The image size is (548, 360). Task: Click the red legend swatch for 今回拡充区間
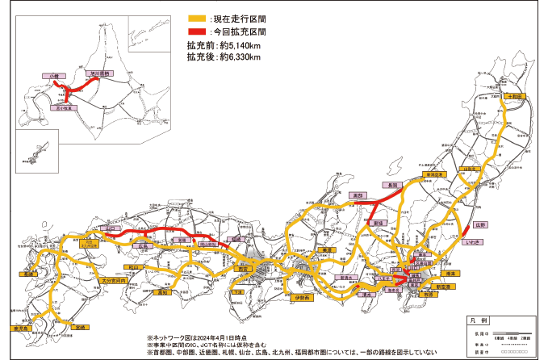[x=196, y=31]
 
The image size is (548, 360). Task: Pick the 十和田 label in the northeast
[x=516, y=96]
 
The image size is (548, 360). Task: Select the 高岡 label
[x=356, y=195]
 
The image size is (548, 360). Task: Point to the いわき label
[x=475, y=241]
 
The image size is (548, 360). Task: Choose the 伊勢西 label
[x=302, y=299]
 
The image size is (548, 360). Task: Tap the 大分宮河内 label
[x=115, y=280]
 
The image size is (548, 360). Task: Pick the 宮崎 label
[x=79, y=327]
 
